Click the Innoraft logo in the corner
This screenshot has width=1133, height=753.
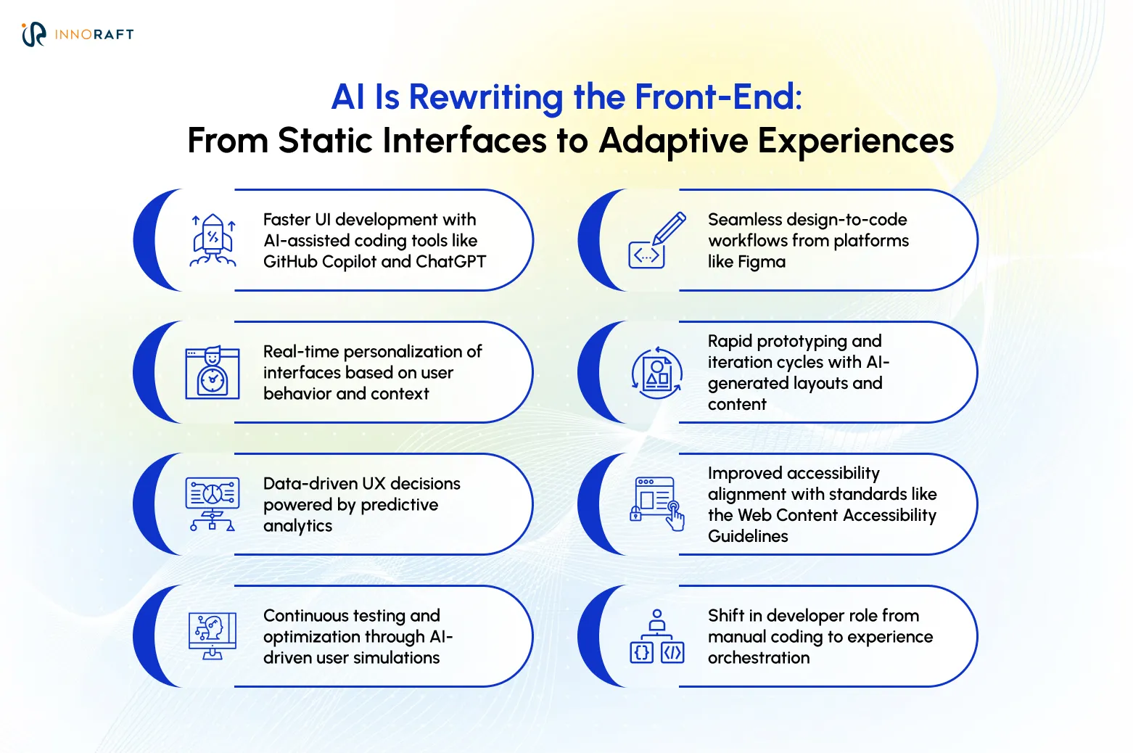pos(77,34)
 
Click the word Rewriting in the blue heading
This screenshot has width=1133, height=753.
pos(486,97)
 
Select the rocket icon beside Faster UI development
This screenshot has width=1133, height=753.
pos(213,240)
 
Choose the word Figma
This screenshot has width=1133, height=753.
pos(762,262)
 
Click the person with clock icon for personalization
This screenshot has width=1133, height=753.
pos(213,372)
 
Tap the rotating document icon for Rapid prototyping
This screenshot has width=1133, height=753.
pos(656,372)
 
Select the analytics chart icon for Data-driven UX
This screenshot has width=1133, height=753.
pos(213,504)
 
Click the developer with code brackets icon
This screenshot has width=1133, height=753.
pos(656,636)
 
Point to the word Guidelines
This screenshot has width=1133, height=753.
pos(748,536)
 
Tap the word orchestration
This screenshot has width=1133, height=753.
pos(759,658)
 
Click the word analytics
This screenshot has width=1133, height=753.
pos(297,526)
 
